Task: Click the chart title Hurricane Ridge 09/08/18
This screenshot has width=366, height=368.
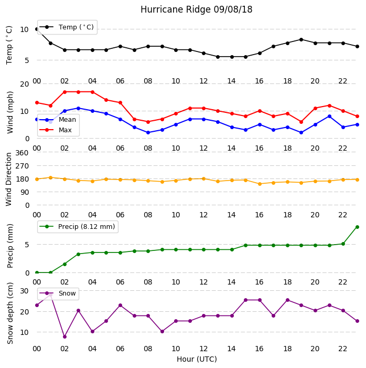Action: tap(196, 9)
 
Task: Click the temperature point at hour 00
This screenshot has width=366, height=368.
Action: tap(37, 29)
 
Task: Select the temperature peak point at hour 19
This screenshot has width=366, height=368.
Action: tap(302, 40)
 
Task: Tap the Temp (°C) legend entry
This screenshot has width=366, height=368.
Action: tap(67, 27)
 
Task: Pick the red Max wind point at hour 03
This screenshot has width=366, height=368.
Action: tap(78, 92)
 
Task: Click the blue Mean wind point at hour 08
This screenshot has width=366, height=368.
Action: tap(148, 133)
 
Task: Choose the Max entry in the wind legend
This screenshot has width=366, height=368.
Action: tap(56, 130)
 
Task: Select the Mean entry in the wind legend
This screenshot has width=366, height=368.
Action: tap(58, 120)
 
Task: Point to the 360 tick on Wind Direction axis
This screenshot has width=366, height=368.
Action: tap(22, 153)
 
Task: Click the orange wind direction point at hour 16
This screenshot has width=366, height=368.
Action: tap(260, 184)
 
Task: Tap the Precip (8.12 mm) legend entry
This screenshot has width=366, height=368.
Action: tap(77, 226)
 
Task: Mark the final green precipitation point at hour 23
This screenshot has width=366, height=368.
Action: tap(357, 227)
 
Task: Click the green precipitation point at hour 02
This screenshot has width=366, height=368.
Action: tap(64, 264)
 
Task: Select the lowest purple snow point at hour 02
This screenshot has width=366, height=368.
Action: tap(64, 337)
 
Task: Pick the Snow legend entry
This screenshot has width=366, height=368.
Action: tap(58, 293)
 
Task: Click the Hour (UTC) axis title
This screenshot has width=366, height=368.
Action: tap(197, 359)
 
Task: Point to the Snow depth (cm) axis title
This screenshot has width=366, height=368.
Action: tap(10, 313)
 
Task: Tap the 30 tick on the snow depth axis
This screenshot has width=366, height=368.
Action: tap(24, 291)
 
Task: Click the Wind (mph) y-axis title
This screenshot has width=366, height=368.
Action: tap(10, 112)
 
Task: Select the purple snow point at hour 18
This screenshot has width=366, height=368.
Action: tap(288, 300)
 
